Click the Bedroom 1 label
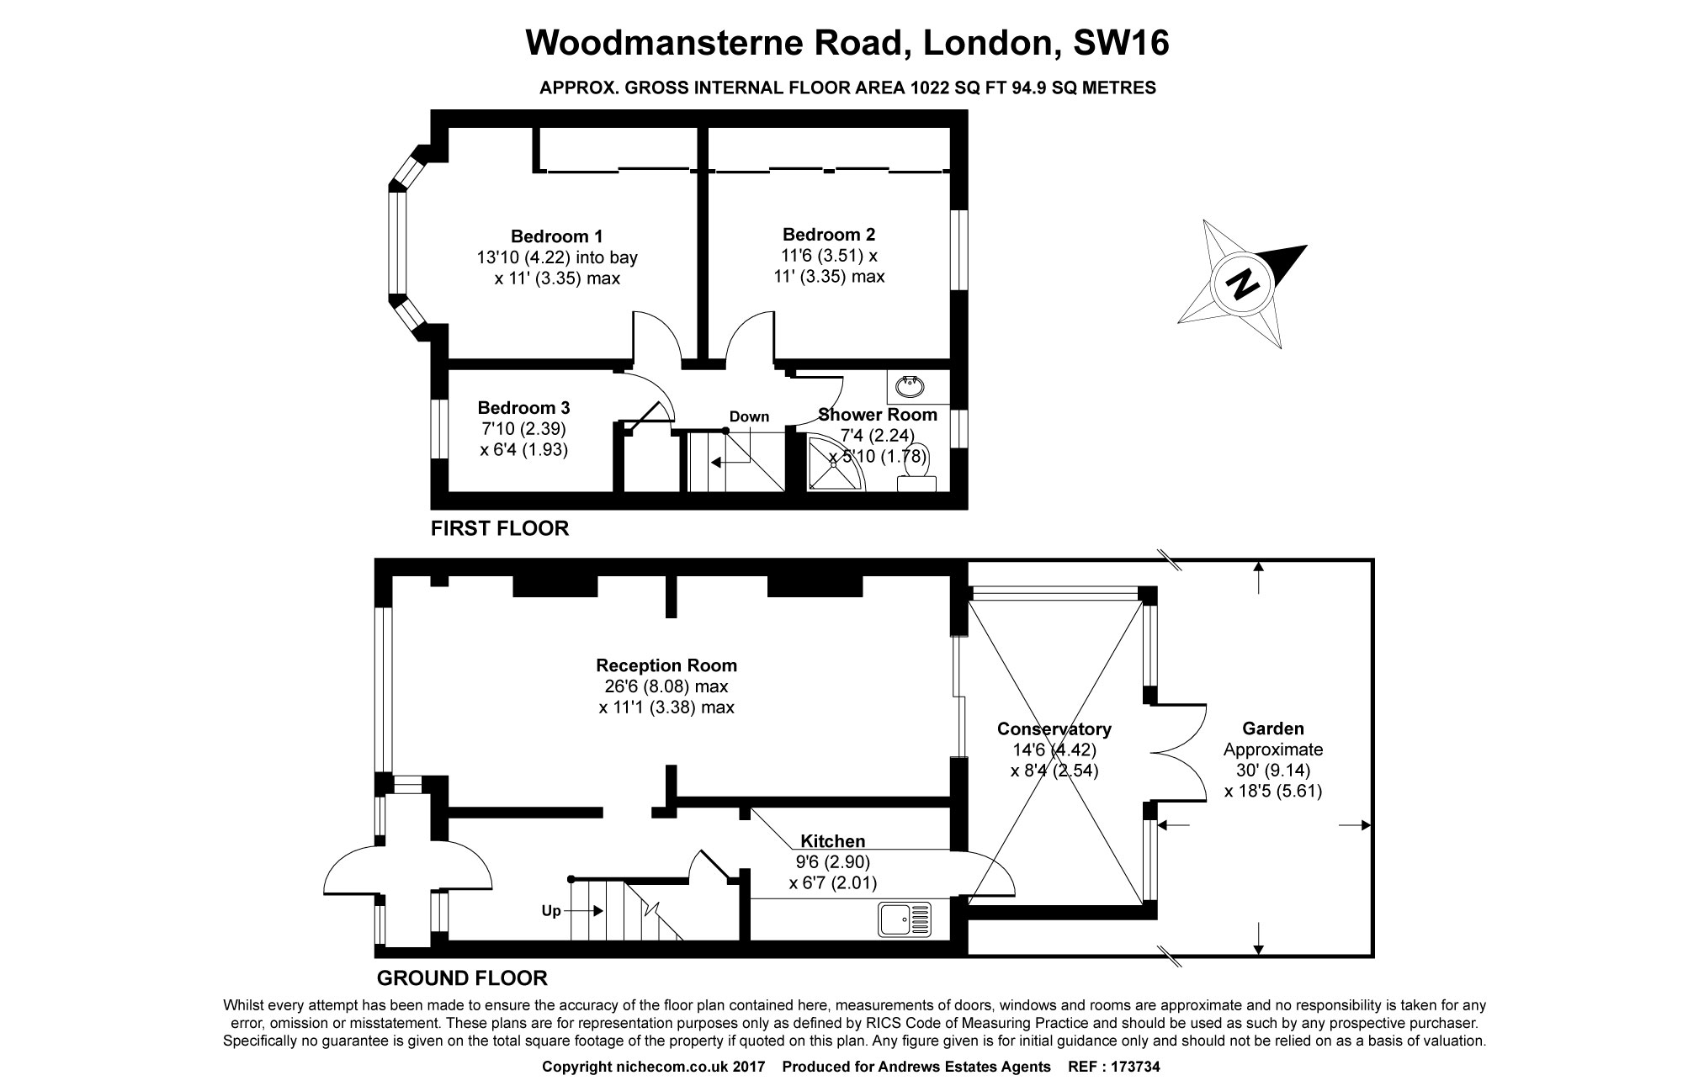(556, 236)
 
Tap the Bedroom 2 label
(828, 235)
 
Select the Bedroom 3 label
(523, 408)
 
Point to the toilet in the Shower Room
(916, 471)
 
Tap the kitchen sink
(905, 919)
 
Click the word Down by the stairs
(749, 416)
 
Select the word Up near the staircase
(551, 911)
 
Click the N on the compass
(1243, 283)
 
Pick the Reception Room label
(666, 665)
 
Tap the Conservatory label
(1054, 729)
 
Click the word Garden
(1272, 729)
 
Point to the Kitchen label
(832, 841)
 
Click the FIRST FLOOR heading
(500, 528)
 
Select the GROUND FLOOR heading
(462, 977)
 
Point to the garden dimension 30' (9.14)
(1272, 770)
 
